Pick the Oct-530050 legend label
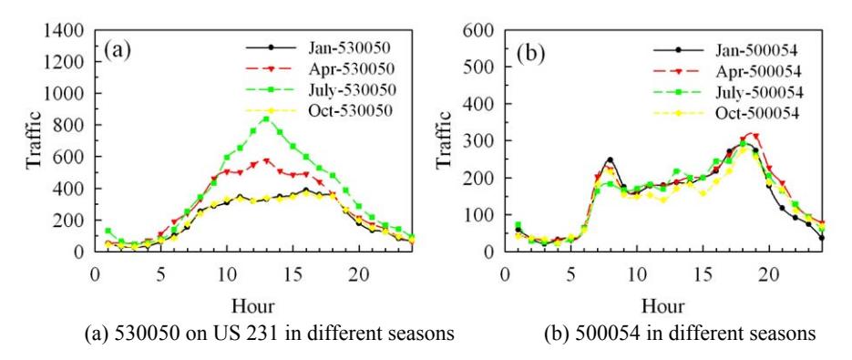tap(320, 110)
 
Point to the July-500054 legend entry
tap(728, 92)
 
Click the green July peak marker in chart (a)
tap(266, 118)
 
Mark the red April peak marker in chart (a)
tap(266, 161)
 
